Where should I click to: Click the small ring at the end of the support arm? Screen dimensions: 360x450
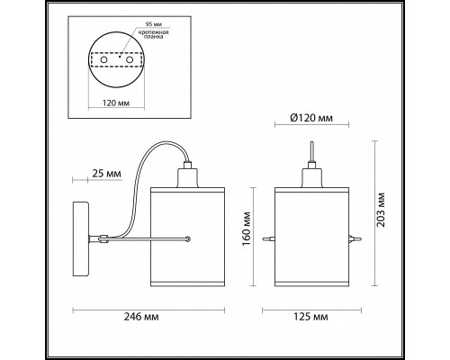pos(187,238)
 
